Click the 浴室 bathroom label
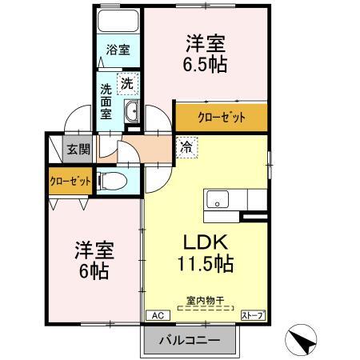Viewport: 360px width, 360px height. point(118,50)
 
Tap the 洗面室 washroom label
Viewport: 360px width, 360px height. point(107,101)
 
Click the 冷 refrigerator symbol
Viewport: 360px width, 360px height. point(185,146)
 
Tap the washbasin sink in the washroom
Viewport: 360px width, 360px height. point(133,112)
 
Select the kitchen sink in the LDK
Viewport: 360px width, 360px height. point(218,198)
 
